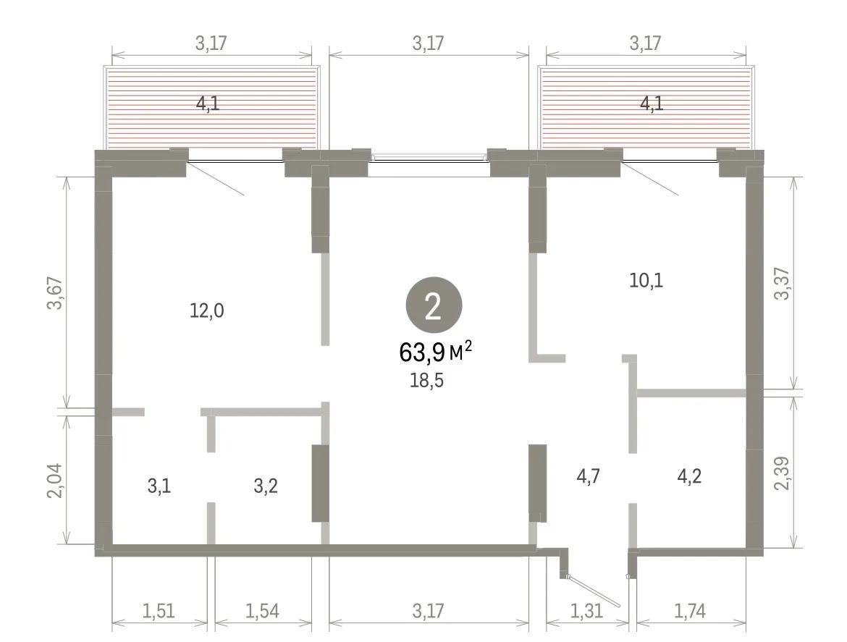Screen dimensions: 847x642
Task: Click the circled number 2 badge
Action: (x=434, y=305)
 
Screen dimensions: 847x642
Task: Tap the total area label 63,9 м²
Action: (x=435, y=352)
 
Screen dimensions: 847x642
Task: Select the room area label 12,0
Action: (x=207, y=311)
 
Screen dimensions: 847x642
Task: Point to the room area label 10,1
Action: (x=646, y=281)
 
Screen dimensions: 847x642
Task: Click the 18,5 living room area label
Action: (x=426, y=381)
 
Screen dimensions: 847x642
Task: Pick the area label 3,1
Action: (x=159, y=486)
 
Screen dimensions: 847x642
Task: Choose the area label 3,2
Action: (x=266, y=486)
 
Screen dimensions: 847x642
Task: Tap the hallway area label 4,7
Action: (x=589, y=477)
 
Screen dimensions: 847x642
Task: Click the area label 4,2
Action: (x=689, y=477)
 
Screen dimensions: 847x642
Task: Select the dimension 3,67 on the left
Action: (x=56, y=292)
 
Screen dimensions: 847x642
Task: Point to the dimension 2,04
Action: (x=56, y=481)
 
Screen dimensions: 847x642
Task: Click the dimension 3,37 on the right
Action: (x=782, y=284)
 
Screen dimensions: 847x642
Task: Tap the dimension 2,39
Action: (x=782, y=473)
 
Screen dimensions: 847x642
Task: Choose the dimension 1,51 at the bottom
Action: (x=159, y=611)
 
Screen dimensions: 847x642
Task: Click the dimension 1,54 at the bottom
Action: (x=262, y=611)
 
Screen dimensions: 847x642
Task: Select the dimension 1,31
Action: (x=586, y=611)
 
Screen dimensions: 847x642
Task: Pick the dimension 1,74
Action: (x=690, y=611)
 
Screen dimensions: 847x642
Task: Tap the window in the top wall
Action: (x=429, y=158)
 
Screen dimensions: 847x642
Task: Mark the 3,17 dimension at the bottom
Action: (x=429, y=611)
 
